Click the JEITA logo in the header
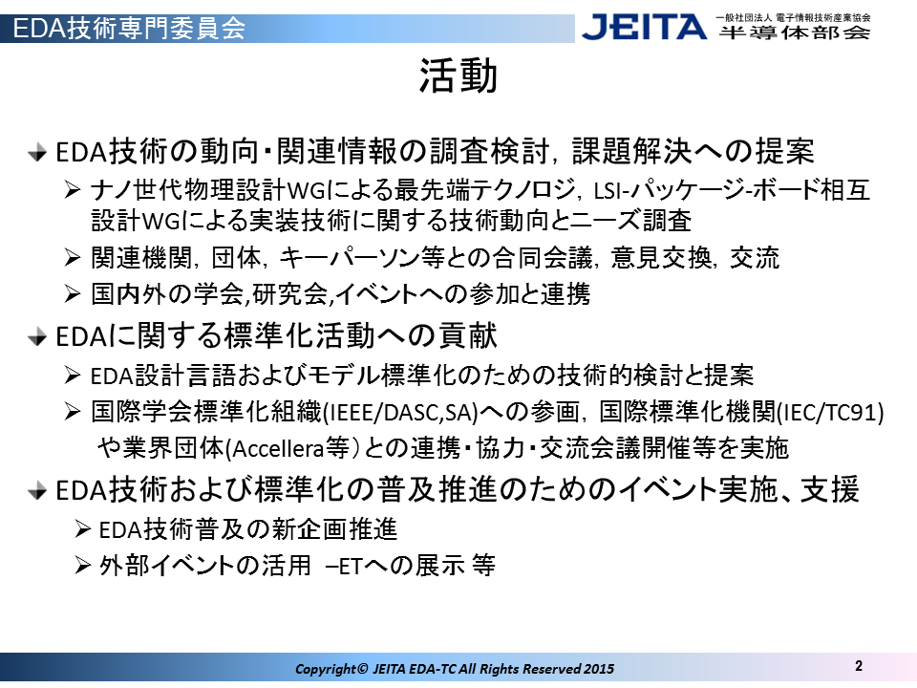(x=644, y=27)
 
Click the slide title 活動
(x=458, y=76)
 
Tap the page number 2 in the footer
(x=859, y=666)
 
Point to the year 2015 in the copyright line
(x=599, y=669)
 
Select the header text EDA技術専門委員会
(x=129, y=28)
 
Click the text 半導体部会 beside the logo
(x=794, y=32)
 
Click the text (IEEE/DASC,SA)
(x=400, y=413)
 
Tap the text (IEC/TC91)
(x=830, y=413)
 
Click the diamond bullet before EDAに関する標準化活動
(x=37, y=337)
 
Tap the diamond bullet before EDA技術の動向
(x=37, y=153)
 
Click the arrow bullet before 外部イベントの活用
(x=83, y=566)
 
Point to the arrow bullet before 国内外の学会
(x=73, y=293)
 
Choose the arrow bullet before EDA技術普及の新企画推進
(x=83, y=529)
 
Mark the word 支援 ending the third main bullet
(x=829, y=489)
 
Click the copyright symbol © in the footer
(x=362, y=668)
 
